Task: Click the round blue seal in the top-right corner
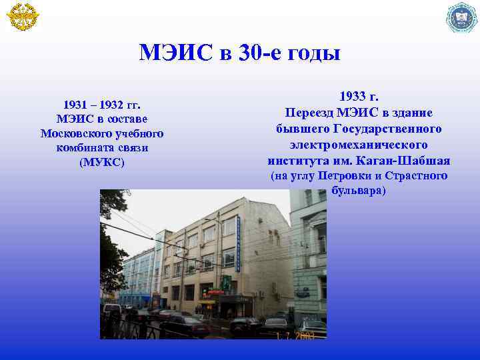tap(461, 17)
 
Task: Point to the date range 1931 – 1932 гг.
tap(102, 105)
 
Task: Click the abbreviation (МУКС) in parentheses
tap(102, 162)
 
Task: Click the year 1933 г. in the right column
tap(359, 97)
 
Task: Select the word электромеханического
tap(359, 144)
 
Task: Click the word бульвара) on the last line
tap(359, 191)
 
